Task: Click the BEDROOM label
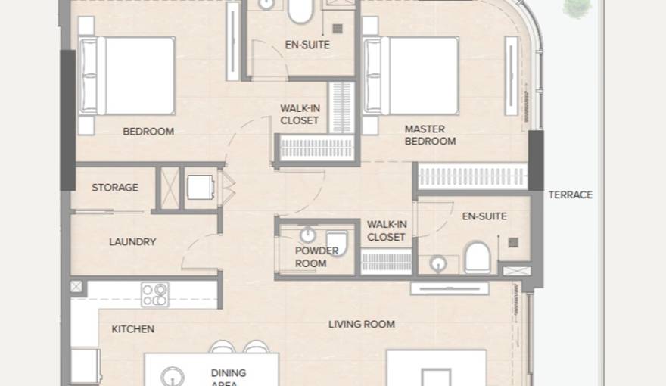(x=148, y=132)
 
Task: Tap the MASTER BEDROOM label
(x=430, y=135)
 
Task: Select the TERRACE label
(x=570, y=195)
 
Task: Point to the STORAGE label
(x=115, y=187)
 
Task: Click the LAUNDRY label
(x=132, y=242)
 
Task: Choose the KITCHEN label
(x=133, y=329)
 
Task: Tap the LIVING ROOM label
(x=362, y=325)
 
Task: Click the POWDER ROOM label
(x=311, y=257)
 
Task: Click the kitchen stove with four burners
(x=154, y=294)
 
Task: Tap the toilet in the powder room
(x=337, y=244)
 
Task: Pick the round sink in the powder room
(x=308, y=235)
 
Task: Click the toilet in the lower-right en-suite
(x=477, y=257)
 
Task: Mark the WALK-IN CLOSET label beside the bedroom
(x=300, y=114)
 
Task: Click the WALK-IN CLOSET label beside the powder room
(x=387, y=231)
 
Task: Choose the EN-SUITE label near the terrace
(x=484, y=216)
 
